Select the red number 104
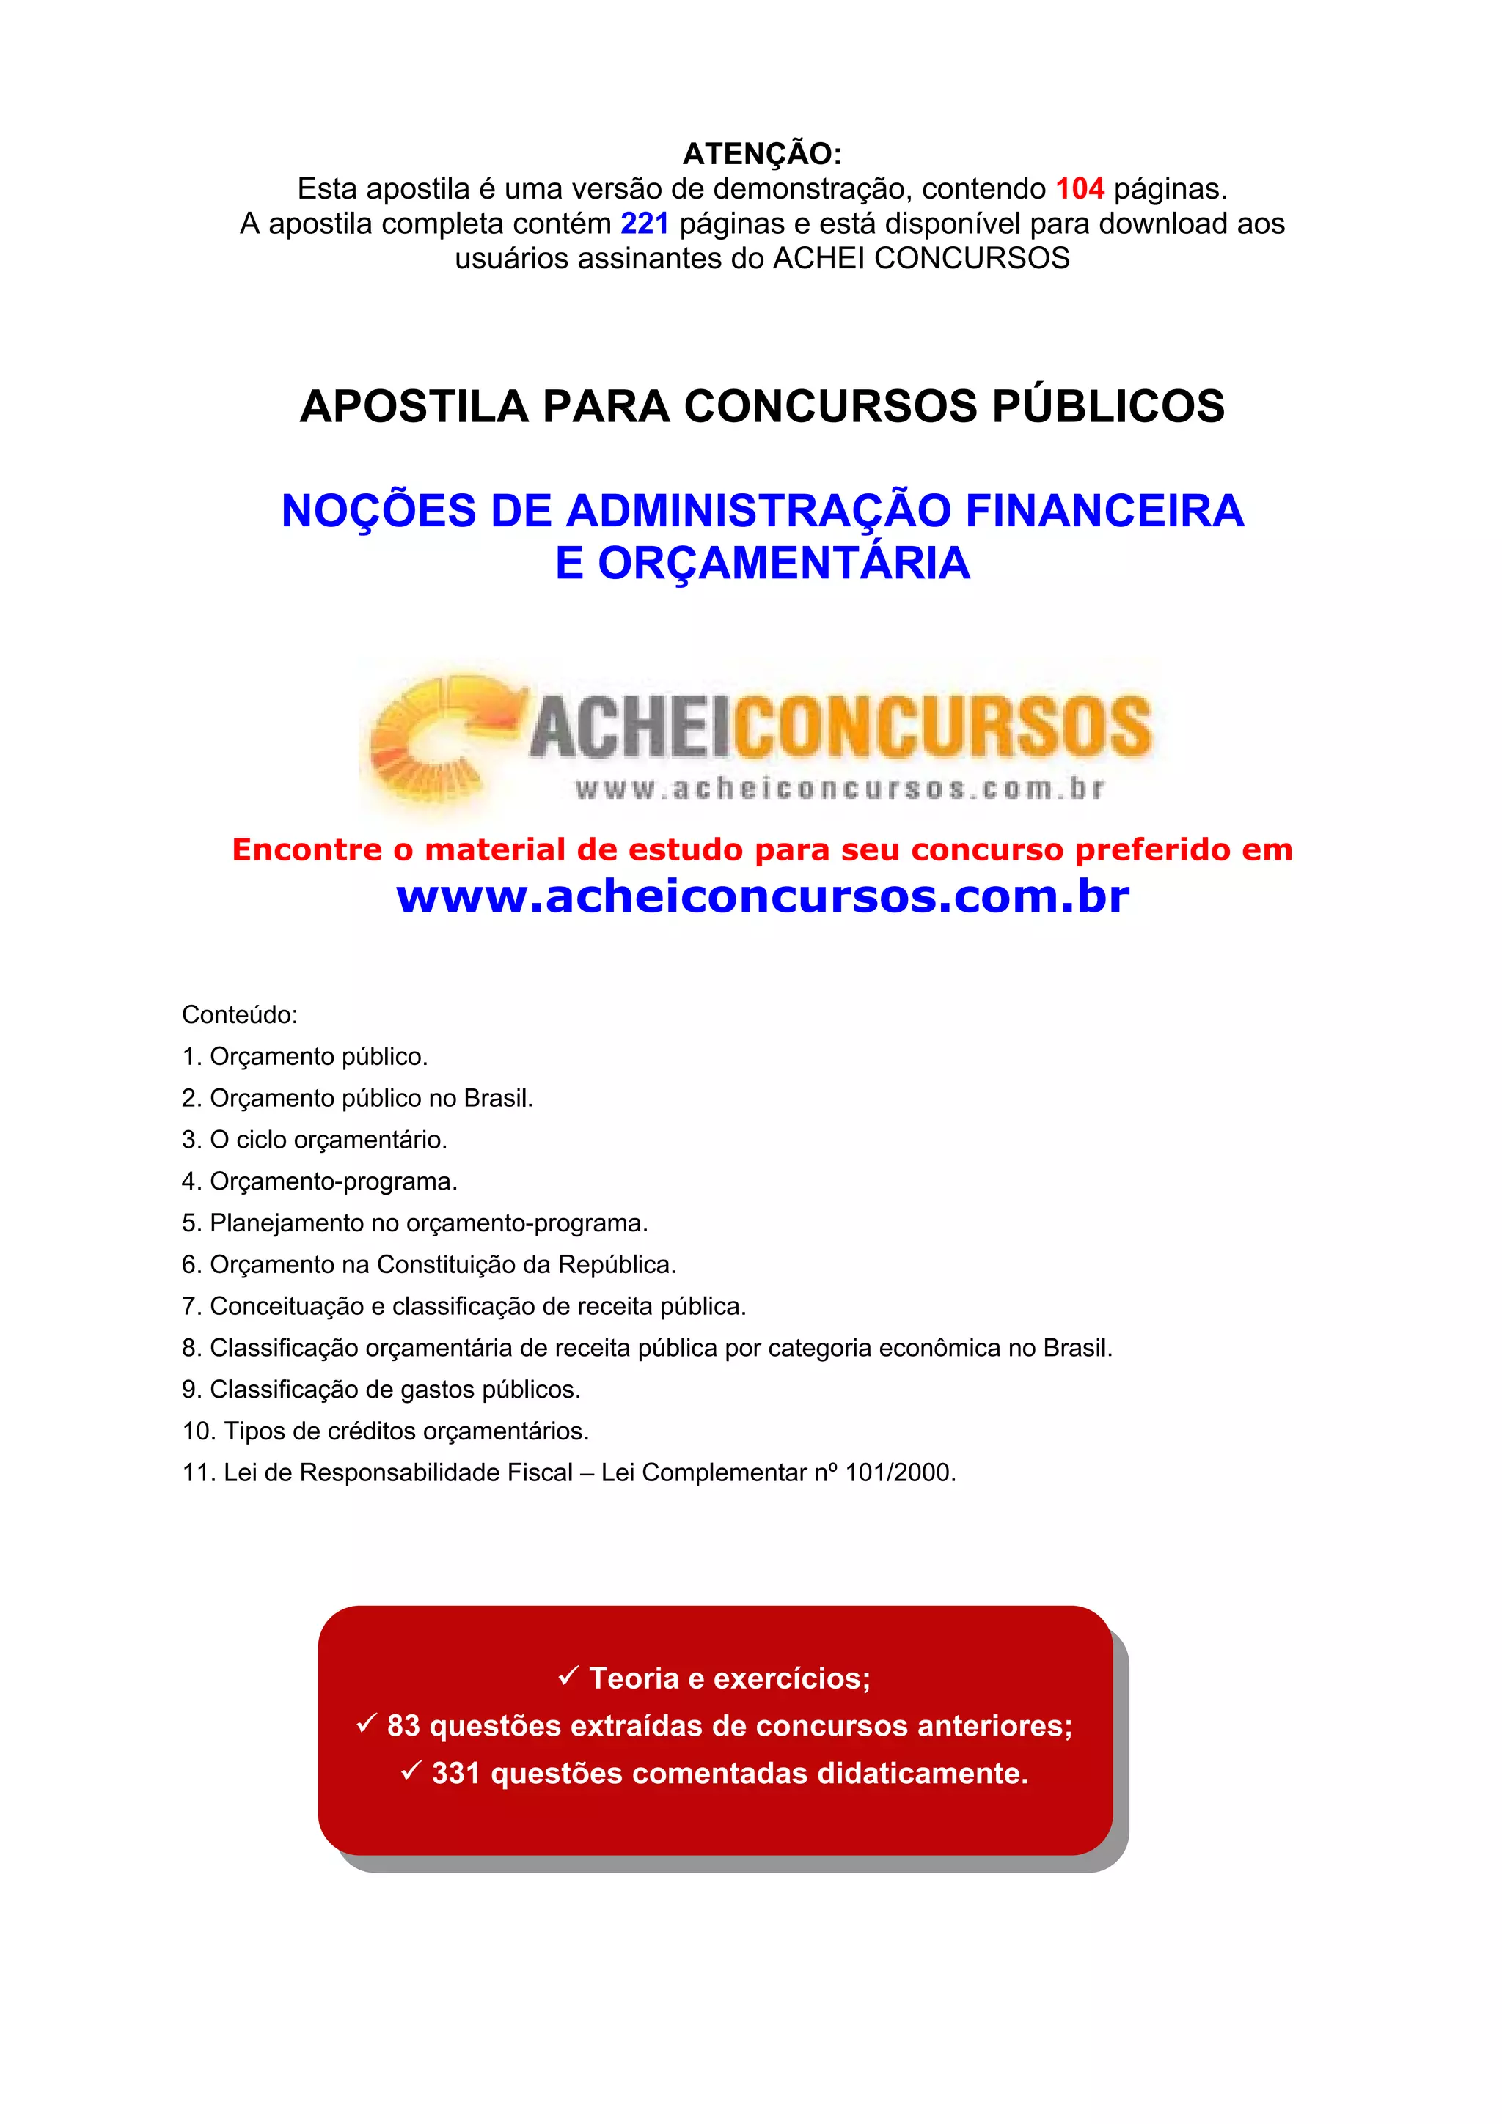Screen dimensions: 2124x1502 click(x=1080, y=188)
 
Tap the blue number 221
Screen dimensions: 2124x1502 click(x=644, y=224)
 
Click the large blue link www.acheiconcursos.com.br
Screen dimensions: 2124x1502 click(x=763, y=896)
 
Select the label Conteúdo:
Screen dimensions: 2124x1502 click(x=240, y=1015)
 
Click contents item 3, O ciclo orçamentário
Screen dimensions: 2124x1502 click(x=315, y=1140)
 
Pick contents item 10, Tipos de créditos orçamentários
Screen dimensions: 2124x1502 click(x=386, y=1431)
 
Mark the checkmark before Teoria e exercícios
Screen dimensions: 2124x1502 click(x=568, y=1675)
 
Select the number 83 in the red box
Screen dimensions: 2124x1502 click(x=403, y=1726)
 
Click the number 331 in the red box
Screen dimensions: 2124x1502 click(x=455, y=1774)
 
